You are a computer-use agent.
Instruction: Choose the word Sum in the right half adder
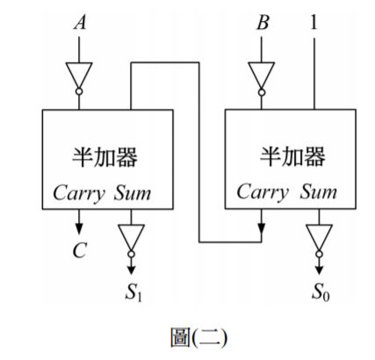(x=319, y=192)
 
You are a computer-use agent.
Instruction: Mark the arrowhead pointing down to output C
(x=79, y=230)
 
